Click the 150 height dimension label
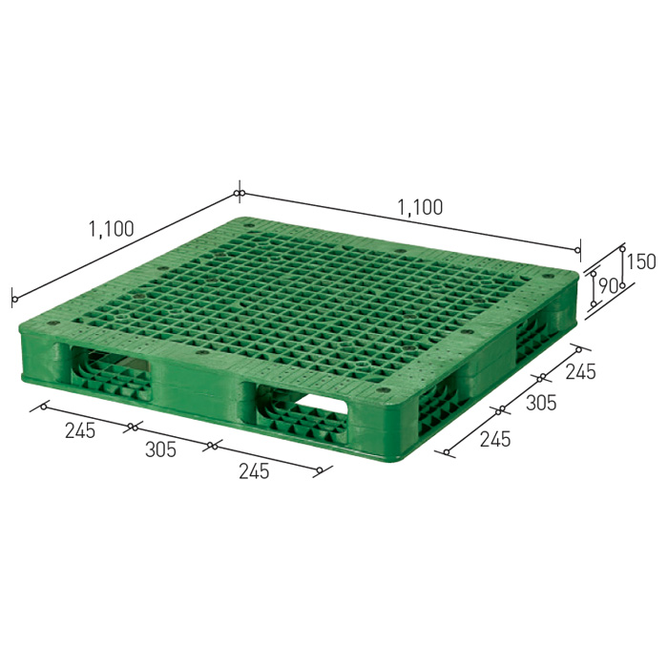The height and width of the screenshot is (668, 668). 642,261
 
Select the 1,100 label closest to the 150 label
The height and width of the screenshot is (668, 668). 420,207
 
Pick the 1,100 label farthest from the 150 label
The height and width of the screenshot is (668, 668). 112,229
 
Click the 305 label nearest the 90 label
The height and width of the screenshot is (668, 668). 541,403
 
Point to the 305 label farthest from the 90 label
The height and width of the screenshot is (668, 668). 160,449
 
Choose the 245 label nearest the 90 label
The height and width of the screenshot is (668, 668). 580,371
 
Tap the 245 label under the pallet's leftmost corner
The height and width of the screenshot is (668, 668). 80,430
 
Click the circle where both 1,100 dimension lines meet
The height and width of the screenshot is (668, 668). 239,195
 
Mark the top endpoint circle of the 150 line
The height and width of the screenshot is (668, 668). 622,245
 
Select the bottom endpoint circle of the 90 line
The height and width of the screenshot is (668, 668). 593,304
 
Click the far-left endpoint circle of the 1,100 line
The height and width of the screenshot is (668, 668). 14,301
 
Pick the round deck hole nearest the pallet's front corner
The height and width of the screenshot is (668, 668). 384,390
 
